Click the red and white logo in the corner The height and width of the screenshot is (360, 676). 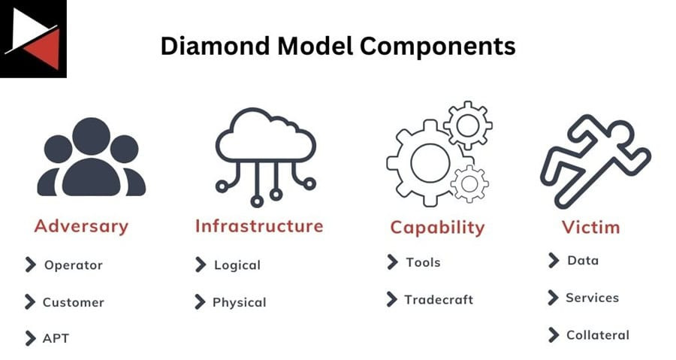pos(33,38)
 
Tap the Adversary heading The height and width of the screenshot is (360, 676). pos(81,226)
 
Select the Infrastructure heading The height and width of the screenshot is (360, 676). pos(259,226)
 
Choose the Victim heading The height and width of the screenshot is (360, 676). pos(591,227)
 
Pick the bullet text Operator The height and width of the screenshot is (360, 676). pos(73,265)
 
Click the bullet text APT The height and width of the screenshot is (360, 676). pos(56,339)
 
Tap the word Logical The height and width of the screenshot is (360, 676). pos(237,265)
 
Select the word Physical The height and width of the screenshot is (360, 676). pos(239,302)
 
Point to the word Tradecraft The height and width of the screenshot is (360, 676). pos(439,299)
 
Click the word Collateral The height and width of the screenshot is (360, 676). pos(598,335)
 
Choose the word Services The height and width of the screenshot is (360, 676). pos(592,298)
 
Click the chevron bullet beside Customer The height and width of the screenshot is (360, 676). pos(30,302)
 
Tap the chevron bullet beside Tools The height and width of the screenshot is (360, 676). pos(392,262)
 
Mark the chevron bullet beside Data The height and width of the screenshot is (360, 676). pos(554,260)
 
